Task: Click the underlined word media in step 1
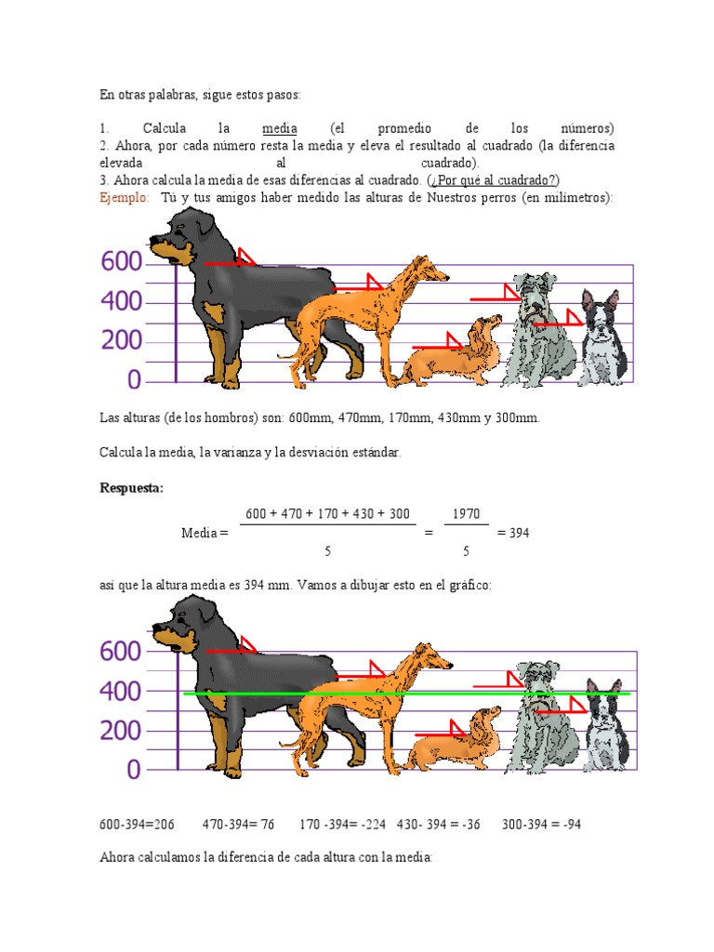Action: click(279, 128)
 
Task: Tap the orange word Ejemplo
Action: click(124, 197)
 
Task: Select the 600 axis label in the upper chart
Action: click(122, 261)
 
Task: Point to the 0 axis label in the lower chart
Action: click(134, 769)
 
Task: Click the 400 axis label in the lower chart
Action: click(120, 691)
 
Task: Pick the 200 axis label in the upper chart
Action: click(122, 340)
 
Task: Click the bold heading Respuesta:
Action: click(132, 488)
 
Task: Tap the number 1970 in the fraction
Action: click(467, 513)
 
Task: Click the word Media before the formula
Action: click(199, 533)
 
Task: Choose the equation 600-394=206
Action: click(137, 825)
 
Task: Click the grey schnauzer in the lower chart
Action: click(540, 718)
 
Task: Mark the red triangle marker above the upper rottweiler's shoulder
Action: click(245, 257)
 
